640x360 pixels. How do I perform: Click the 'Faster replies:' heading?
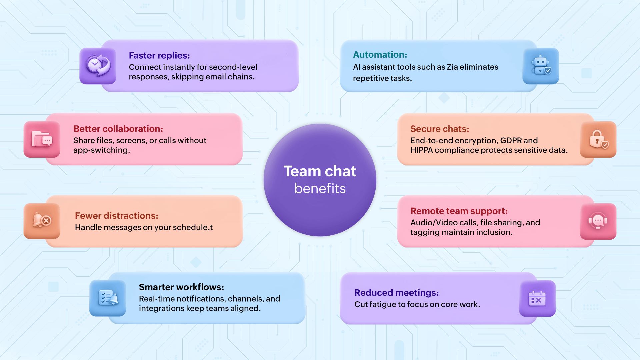159,55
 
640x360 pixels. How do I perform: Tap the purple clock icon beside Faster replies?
98,66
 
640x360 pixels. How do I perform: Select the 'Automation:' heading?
380,55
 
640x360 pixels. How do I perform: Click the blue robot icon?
541,66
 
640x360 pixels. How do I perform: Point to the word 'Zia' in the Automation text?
452,67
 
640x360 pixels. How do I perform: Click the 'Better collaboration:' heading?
118,129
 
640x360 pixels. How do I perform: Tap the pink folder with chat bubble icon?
42,139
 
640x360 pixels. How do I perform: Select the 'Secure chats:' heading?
440,129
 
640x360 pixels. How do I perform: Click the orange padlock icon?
598,139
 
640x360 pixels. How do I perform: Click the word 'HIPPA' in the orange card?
421,150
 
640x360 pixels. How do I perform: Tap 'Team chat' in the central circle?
320,171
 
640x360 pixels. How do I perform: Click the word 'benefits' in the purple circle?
320,189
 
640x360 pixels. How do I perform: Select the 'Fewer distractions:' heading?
116,216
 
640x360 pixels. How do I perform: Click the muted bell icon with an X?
42,221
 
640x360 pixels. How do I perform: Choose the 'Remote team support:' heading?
459,211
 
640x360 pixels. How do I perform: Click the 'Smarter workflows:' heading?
181,287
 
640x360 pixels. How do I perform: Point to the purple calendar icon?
537,298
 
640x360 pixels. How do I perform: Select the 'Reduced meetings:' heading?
396,293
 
